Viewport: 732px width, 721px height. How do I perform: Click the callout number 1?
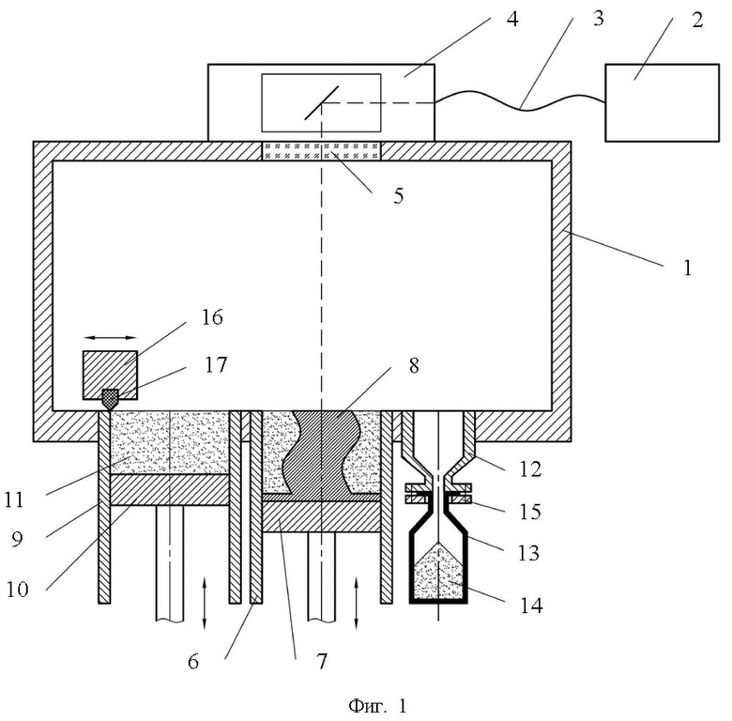(687, 268)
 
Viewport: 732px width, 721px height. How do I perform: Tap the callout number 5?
(398, 195)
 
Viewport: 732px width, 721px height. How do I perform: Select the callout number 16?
(212, 317)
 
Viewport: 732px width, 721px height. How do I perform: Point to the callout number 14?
(531, 606)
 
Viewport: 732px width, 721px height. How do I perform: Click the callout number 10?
(18, 590)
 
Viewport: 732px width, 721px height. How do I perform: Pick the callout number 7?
(322, 661)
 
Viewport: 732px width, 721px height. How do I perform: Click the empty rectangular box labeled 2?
(662, 102)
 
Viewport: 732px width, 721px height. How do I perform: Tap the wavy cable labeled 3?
(520, 108)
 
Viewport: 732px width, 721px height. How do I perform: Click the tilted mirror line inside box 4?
(322, 102)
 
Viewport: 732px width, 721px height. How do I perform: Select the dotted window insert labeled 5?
(321, 151)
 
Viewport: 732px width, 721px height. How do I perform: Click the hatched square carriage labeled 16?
(110, 375)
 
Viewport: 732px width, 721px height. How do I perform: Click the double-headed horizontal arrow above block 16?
(110, 337)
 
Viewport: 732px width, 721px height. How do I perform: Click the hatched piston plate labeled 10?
(170, 489)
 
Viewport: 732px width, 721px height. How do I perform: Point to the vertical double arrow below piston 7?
(357, 603)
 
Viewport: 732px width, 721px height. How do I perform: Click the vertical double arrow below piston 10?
(204, 603)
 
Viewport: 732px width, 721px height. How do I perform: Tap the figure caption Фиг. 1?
(377, 706)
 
